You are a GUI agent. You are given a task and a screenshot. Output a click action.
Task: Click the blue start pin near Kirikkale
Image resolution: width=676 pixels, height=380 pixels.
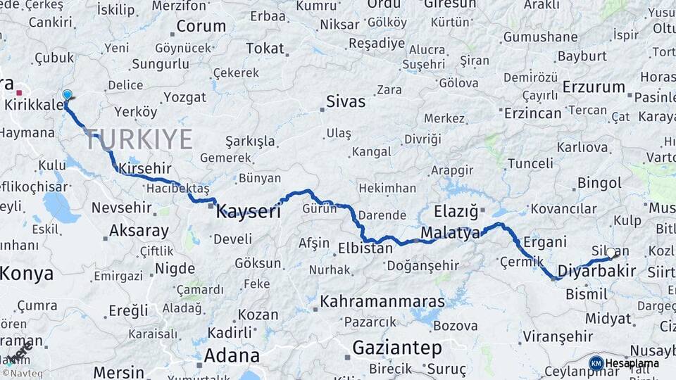click(x=67, y=94)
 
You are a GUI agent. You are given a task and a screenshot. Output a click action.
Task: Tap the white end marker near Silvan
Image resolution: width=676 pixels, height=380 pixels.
click(x=611, y=252)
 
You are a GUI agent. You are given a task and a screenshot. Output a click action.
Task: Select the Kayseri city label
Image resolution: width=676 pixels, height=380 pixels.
click(x=248, y=210)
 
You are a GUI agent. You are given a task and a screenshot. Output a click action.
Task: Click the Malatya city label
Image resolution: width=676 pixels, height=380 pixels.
click(x=450, y=232)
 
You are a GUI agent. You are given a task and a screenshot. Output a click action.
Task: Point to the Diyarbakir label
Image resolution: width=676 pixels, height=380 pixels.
click(x=596, y=270)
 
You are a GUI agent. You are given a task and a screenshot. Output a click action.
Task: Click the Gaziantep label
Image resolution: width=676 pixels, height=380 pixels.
click(x=397, y=348)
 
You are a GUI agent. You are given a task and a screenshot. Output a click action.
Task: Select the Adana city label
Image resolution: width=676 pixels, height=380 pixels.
click(x=232, y=355)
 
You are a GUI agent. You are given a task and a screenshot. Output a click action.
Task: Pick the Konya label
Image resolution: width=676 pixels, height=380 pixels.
click(x=27, y=273)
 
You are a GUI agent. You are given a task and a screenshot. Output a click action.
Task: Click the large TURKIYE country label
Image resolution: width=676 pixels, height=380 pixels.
click(x=139, y=139)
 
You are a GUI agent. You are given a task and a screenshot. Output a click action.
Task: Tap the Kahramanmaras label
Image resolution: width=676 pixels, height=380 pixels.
click(x=382, y=302)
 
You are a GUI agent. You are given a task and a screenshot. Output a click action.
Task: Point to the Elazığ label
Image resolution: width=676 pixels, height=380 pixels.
click(x=456, y=210)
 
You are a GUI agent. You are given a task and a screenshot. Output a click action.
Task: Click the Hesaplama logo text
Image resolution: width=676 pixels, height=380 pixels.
click(x=631, y=363)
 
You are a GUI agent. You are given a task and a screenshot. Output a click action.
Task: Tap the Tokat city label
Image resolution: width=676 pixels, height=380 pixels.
click(x=265, y=49)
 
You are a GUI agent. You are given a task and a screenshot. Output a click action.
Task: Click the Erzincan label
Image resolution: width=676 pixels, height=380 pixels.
click(x=532, y=113)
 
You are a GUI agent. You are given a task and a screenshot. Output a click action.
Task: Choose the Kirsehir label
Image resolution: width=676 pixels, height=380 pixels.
click(x=145, y=168)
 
